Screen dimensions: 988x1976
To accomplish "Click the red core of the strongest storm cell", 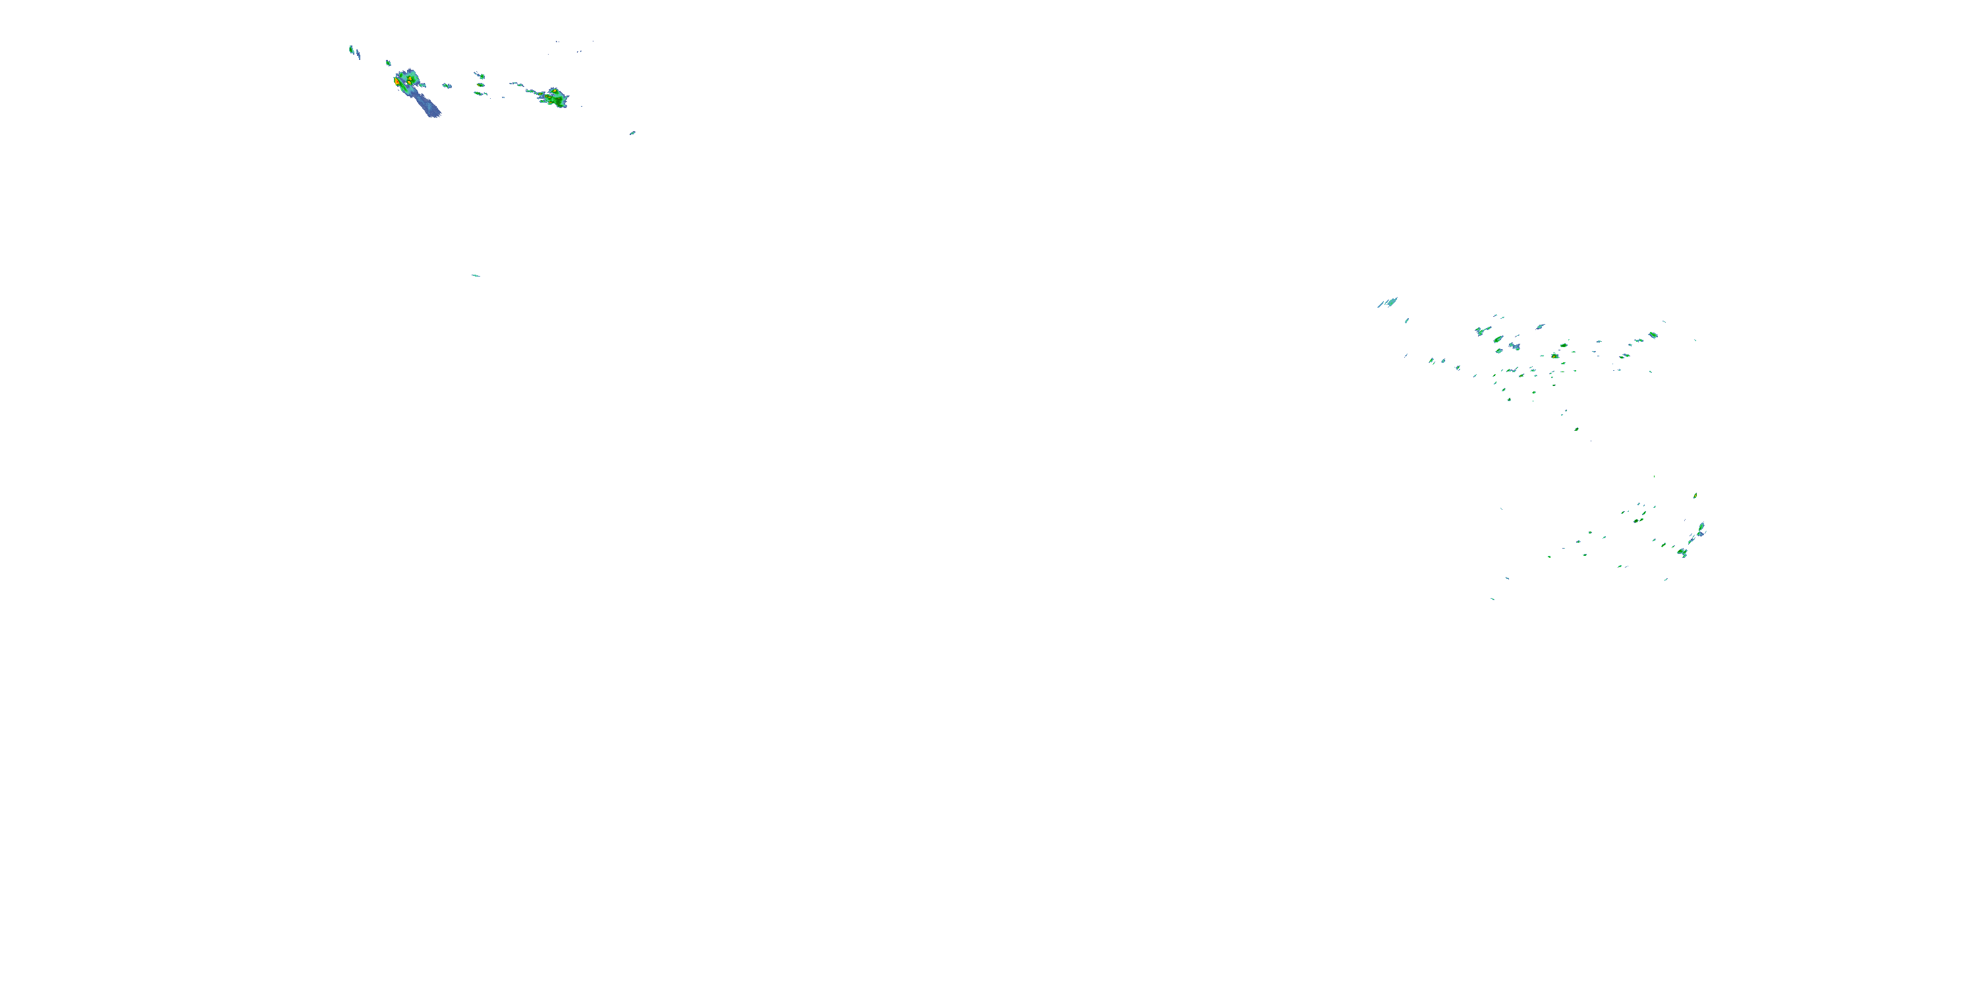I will click(397, 80).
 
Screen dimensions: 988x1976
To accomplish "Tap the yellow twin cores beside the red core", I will click(410, 78).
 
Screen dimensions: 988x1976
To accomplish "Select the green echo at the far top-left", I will click(351, 49).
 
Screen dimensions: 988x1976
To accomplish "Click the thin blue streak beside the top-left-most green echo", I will click(358, 55).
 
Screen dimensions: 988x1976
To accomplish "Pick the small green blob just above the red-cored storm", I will click(388, 63).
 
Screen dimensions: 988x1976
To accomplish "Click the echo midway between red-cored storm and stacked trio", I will click(446, 86).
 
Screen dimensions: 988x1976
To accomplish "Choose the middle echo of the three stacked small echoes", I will click(480, 84).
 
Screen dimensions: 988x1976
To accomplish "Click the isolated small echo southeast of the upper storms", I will click(632, 132).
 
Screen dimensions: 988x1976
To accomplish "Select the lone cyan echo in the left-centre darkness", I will click(476, 275).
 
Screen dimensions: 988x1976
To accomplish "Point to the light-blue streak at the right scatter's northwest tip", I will click(1388, 302).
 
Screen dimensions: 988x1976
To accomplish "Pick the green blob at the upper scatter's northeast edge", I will click(1653, 335).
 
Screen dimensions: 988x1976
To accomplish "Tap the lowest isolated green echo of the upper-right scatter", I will click(1576, 429).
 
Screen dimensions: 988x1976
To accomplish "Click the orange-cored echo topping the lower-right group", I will click(1695, 495).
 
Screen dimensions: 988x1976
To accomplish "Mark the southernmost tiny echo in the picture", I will click(1492, 598).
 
